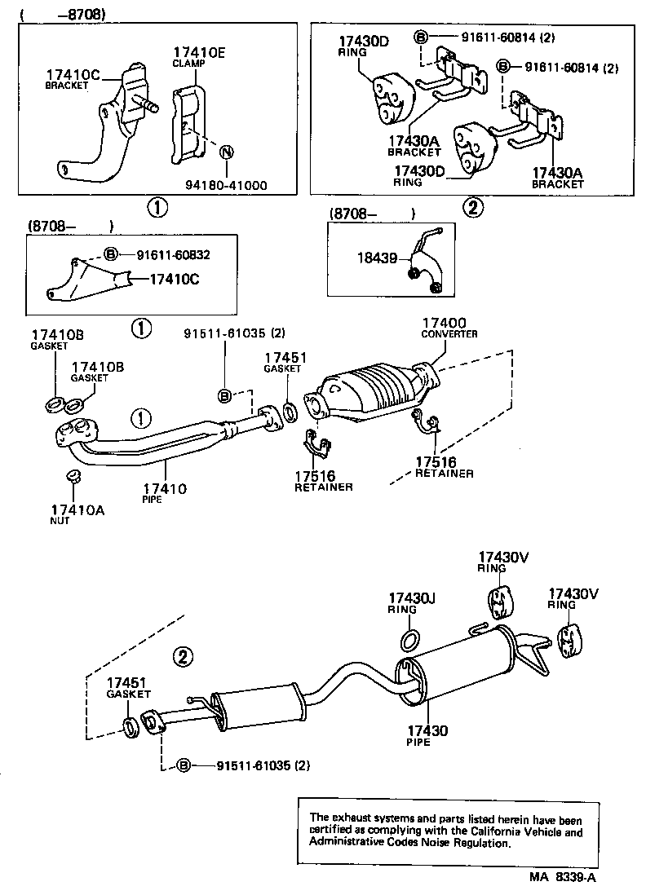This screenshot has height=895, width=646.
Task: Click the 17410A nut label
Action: click(x=72, y=513)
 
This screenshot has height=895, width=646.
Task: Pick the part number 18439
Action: click(x=377, y=258)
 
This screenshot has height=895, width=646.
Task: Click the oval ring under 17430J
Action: click(x=412, y=637)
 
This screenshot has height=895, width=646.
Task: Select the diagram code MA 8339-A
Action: click(x=563, y=878)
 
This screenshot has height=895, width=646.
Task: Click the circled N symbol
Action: click(x=228, y=152)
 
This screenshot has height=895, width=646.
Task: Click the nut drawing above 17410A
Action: click(x=72, y=476)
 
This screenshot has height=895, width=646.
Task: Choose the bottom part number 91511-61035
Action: click(x=250, y=765)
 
